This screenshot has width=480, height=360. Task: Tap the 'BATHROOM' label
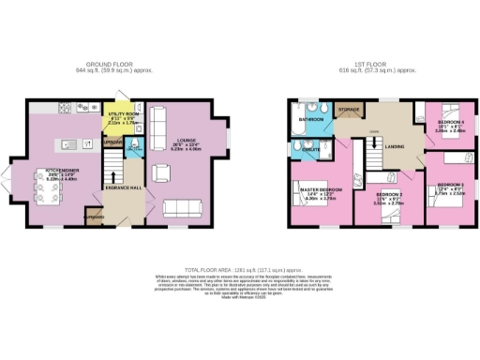tap(310, 120)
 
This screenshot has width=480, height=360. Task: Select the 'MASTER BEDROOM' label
tap(320, 190)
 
